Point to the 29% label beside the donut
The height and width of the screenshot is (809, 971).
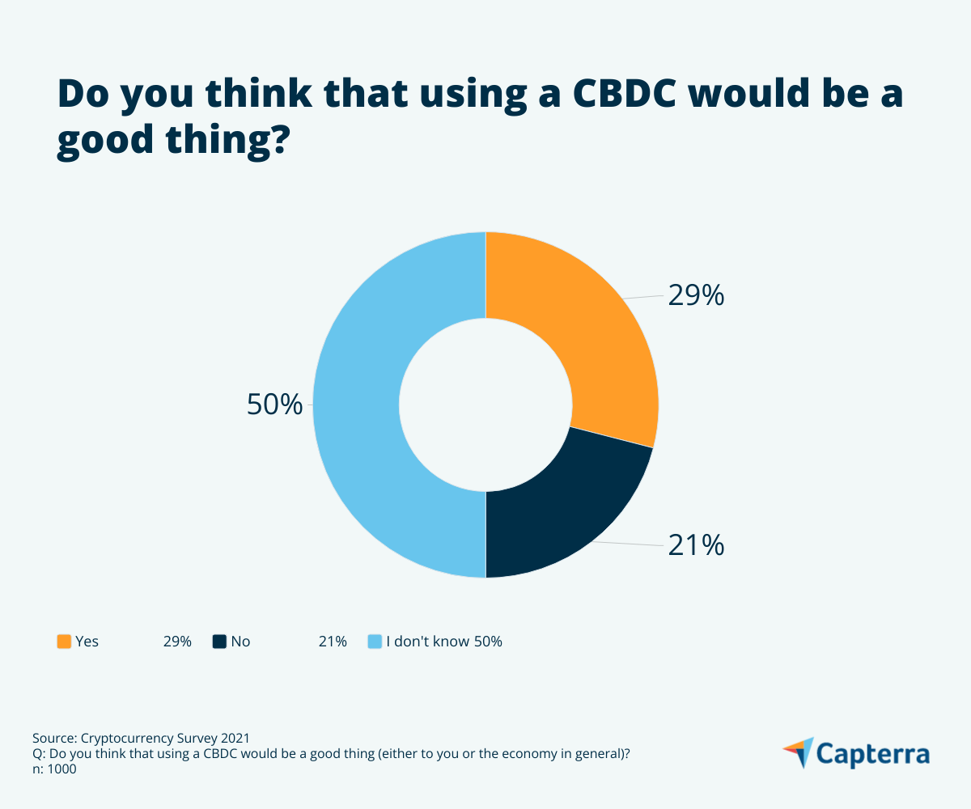click(695, 296)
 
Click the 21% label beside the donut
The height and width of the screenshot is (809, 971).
click(695, 546)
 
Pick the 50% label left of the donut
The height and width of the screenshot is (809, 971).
click(274, 404)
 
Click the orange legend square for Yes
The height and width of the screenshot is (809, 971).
click(64, 642)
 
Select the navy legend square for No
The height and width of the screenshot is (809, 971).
click(219, 642)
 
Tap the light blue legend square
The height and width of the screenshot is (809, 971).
click(375, 642)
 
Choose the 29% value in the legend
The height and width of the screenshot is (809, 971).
click(177, 642)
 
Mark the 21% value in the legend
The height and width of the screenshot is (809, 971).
click(333, 642)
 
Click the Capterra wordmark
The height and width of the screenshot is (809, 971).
click(872, 754)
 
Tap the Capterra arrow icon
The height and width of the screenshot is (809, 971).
click(799, 752)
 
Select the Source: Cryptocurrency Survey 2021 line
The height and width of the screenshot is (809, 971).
click(142, 738)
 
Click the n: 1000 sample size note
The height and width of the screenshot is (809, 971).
click(54, 770)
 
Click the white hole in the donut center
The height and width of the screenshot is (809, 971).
click(485, 404)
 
